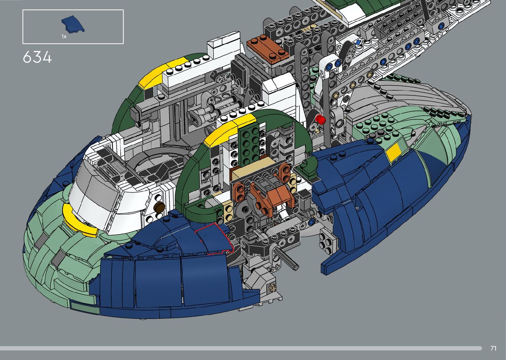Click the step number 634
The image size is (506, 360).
[x=37, y=57]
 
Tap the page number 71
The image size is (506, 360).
[x=493, y=348]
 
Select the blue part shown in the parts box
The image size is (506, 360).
[x=73, y=24]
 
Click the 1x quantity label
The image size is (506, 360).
[x=64, y=37]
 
